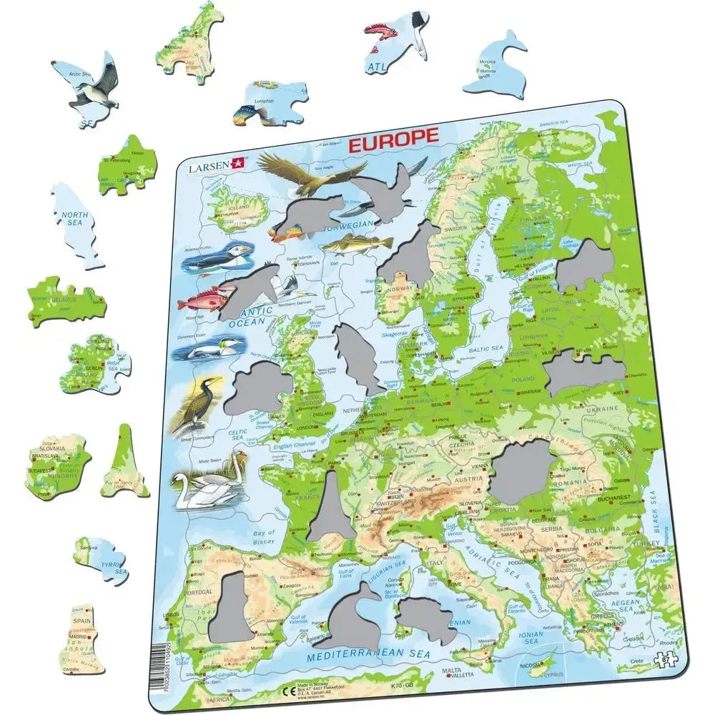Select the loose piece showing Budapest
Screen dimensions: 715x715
pyautogui.click(x=57, y=466)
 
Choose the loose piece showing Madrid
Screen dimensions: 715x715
pyautogui.click(x=82, y=641)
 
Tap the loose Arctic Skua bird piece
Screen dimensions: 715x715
pyautogui.click(x=89, y=84)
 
